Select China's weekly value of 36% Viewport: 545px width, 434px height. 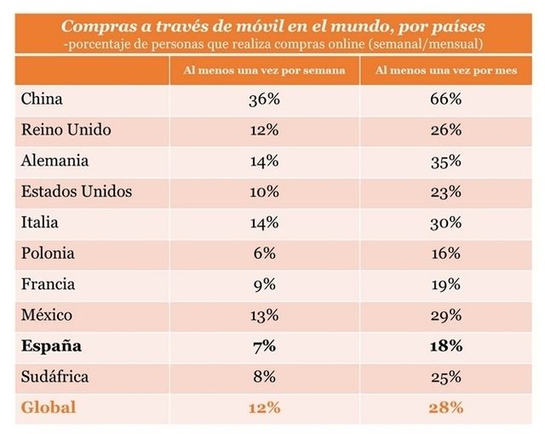pyautogui.click(x=265, y=99)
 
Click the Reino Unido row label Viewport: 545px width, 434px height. pyautogui.click(x=66, y=130)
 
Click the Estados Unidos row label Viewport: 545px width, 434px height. pyautogui.click(x=76, y=191)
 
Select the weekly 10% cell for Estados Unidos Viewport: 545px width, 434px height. pyautogui.click(x=265, y=191)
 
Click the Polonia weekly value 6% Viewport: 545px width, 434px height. pyautogui.click(x=265, y=254)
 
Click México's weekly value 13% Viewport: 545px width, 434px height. pyautogui.click(x=265, y=315)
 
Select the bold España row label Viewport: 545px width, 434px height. pyautogui.click(x=51, y=346)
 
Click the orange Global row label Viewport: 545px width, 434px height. pyautogui.click(x=48, y=408)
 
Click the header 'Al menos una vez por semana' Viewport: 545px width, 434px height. pyautogui.click(x=265, y=71)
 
